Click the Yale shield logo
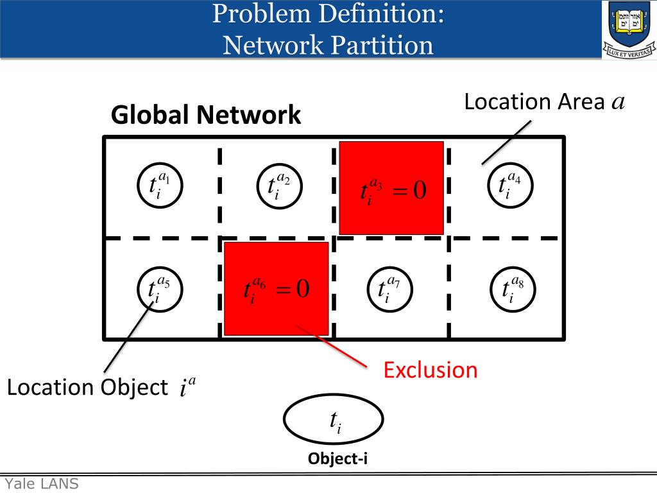pos(628,29)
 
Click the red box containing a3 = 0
pos(391,188)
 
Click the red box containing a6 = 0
pos(276,289)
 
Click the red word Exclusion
pos(431,370)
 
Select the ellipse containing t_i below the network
pos(333,420)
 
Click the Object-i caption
pos(337,458)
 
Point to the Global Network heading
pos(206,116)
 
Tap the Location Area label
pos(544,102)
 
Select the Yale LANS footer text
pos(42,484)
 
